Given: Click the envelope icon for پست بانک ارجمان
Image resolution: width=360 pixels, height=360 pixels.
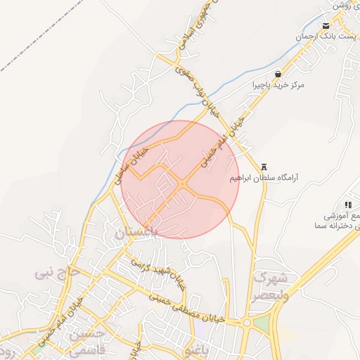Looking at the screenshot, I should coord(325,25).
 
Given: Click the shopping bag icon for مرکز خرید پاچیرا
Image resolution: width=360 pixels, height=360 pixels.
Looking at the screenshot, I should coord(278,74).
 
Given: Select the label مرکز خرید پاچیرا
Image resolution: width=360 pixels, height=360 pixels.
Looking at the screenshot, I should coord(279,85).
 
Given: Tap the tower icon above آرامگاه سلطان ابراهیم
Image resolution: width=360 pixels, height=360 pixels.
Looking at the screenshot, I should coord(264,167).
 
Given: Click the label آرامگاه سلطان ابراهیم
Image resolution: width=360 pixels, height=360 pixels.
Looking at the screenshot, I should coord(264,178).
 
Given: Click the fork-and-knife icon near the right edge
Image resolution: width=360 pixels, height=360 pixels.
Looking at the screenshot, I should coord(348,205).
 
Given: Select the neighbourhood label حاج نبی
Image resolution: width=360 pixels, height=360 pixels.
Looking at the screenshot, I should coord(57,271).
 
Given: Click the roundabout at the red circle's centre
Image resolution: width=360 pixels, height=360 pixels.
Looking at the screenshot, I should coord(183,186).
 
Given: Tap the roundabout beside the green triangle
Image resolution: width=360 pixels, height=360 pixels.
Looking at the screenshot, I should coord(247,323).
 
